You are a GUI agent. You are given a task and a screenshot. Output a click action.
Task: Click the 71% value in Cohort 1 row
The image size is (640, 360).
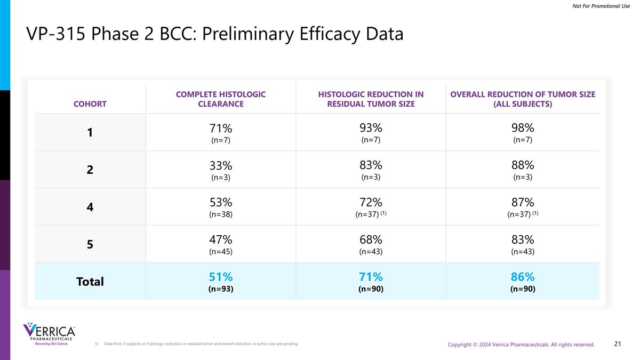(x=220, y=129)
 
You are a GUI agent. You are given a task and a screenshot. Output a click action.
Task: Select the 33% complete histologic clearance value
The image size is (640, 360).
(x=220, y=166)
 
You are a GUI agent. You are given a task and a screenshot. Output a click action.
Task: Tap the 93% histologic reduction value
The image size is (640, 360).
(x=371, y=128)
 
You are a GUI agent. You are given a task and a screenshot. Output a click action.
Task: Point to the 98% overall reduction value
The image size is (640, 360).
(x=523, y=128)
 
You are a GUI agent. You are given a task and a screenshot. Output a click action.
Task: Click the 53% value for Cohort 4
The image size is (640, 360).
(x=220, y=203)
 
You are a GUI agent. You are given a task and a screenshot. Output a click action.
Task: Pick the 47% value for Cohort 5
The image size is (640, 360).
(x=220, y=240)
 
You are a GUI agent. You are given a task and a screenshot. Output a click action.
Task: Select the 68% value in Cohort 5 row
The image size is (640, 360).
(x=371, y=240)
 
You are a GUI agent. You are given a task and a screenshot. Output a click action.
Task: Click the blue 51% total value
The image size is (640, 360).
(x=220, y=277)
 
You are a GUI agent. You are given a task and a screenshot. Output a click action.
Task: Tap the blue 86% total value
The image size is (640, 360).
(x=523, y=277)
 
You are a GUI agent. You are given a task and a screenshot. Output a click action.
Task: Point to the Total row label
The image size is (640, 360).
(x=90, y=282)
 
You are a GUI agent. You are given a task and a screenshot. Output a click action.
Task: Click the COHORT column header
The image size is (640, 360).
(x=90, y=104)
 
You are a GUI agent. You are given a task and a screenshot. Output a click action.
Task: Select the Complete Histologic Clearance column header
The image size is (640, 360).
(x=220, y=99)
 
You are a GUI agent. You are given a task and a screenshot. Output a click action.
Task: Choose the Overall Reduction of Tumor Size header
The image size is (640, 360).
(x=523, y=99)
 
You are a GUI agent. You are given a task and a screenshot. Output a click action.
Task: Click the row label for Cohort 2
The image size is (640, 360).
(x=90, y=170)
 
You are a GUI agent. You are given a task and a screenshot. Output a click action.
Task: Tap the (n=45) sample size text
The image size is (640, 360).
(x=220, y=252)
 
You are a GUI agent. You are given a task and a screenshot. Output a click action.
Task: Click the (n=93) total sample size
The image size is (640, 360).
(x=220, y=289)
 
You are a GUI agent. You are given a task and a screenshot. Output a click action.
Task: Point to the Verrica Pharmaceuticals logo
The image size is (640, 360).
(x=49, y=334)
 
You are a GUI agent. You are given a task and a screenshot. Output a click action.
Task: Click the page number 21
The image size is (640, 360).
(x=618, y=344)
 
